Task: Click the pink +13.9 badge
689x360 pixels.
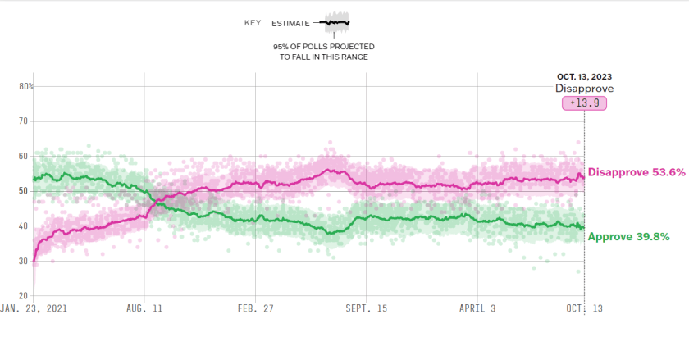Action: tap(584, 103)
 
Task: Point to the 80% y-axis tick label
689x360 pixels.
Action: tap(26, 86)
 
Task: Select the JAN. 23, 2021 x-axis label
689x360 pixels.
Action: tap(34, 310)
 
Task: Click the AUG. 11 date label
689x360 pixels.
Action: tap(144, 310)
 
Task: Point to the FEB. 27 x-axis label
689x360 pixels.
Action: tap(255, 310)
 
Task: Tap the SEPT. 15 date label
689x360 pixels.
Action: tap(366, 310)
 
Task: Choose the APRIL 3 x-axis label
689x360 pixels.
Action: tap(477, 310)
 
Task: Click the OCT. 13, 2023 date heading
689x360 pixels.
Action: tap(584, 76)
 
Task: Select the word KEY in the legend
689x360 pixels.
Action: tap(253, 23)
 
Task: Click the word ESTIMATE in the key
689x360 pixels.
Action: tap(291, 23)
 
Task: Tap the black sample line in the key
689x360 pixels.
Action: tap(336, 22)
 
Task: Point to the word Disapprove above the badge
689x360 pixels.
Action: tap(584, 89)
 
